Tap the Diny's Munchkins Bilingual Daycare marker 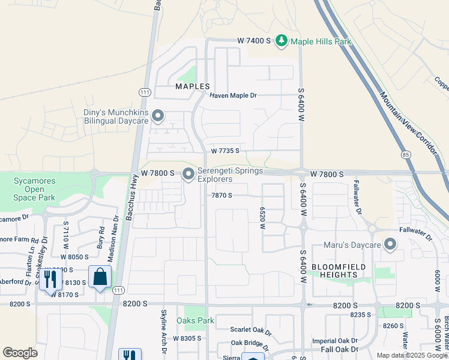click(158, 115)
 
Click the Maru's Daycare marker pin click(390, 244)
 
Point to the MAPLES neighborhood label click(193, 86)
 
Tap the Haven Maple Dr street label click(233, 95)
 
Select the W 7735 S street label click(225, 151)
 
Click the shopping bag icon click(100, 278)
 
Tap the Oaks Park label click(196, 320)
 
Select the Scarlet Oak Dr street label click(251, 330)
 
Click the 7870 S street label click(221, 195)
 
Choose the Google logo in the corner click(20, 353)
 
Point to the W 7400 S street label click(255, 40)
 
